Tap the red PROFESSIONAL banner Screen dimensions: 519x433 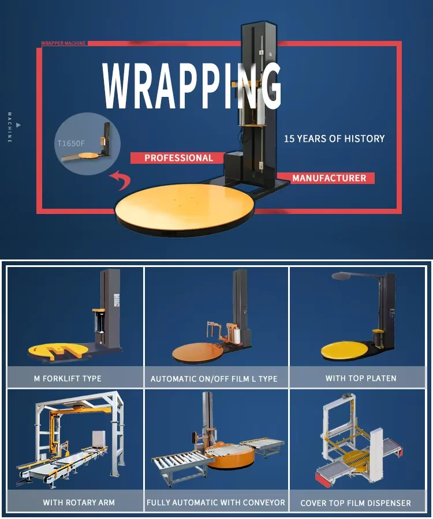pyautogui.click(x=178, y=158)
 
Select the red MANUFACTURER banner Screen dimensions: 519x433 pyautogui.click(x=329, y=178)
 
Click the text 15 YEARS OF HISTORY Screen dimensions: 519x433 pyautogui.click(x=334, y=138)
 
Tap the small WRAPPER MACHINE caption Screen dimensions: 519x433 pyautogui.click(x=64, y=43)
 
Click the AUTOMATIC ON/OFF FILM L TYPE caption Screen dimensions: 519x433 pyautogui.click(x=214, y=379)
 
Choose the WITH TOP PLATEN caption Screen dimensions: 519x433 pyautogui.click(x=361, y=378)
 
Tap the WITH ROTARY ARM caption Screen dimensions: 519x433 pyautogui.click(x=79, y=502)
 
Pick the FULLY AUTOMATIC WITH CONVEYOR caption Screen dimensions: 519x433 pyautogui.click(x=215, y=502)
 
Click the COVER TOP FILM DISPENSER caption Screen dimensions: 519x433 pyautogui.click(x=356, y=503)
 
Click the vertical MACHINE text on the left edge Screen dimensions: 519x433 pyautogui.click(x=10, y=127)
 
